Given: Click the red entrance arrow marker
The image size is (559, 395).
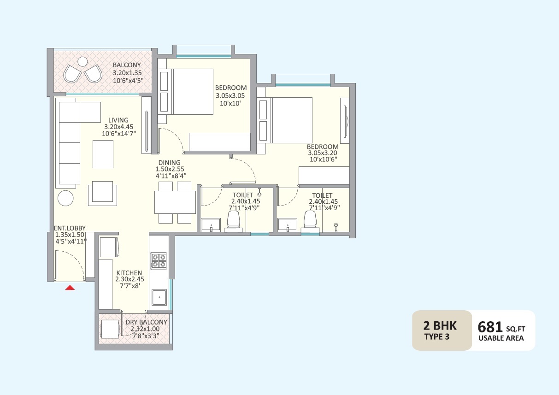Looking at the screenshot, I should click(70, 288).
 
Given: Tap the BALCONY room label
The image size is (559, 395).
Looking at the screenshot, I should click(127, 65).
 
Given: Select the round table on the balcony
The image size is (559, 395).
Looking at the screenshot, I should click(82, 61).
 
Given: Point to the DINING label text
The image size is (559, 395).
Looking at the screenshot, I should click(166, 163).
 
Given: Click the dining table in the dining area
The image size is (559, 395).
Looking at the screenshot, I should click(175, 202).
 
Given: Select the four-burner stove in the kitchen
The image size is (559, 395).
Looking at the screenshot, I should click(159, 261).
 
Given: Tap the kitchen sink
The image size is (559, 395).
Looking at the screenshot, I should click(159, 297).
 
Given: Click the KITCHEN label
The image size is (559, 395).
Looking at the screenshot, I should click(129, 273).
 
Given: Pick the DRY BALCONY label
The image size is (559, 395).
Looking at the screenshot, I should click(147, 322).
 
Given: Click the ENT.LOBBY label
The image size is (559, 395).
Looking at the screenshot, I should click(70, 228).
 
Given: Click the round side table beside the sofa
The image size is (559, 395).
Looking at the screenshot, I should click(65, 198).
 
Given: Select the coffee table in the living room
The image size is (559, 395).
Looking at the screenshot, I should click(103, 154).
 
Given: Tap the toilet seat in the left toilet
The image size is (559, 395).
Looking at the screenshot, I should click(235, 221).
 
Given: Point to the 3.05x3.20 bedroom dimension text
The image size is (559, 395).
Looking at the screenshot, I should click(322, 153).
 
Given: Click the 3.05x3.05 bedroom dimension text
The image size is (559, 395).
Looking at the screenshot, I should click(230, 96).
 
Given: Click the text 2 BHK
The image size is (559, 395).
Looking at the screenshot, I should click(440, 325).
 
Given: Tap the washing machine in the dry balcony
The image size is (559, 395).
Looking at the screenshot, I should click(110, 329).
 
